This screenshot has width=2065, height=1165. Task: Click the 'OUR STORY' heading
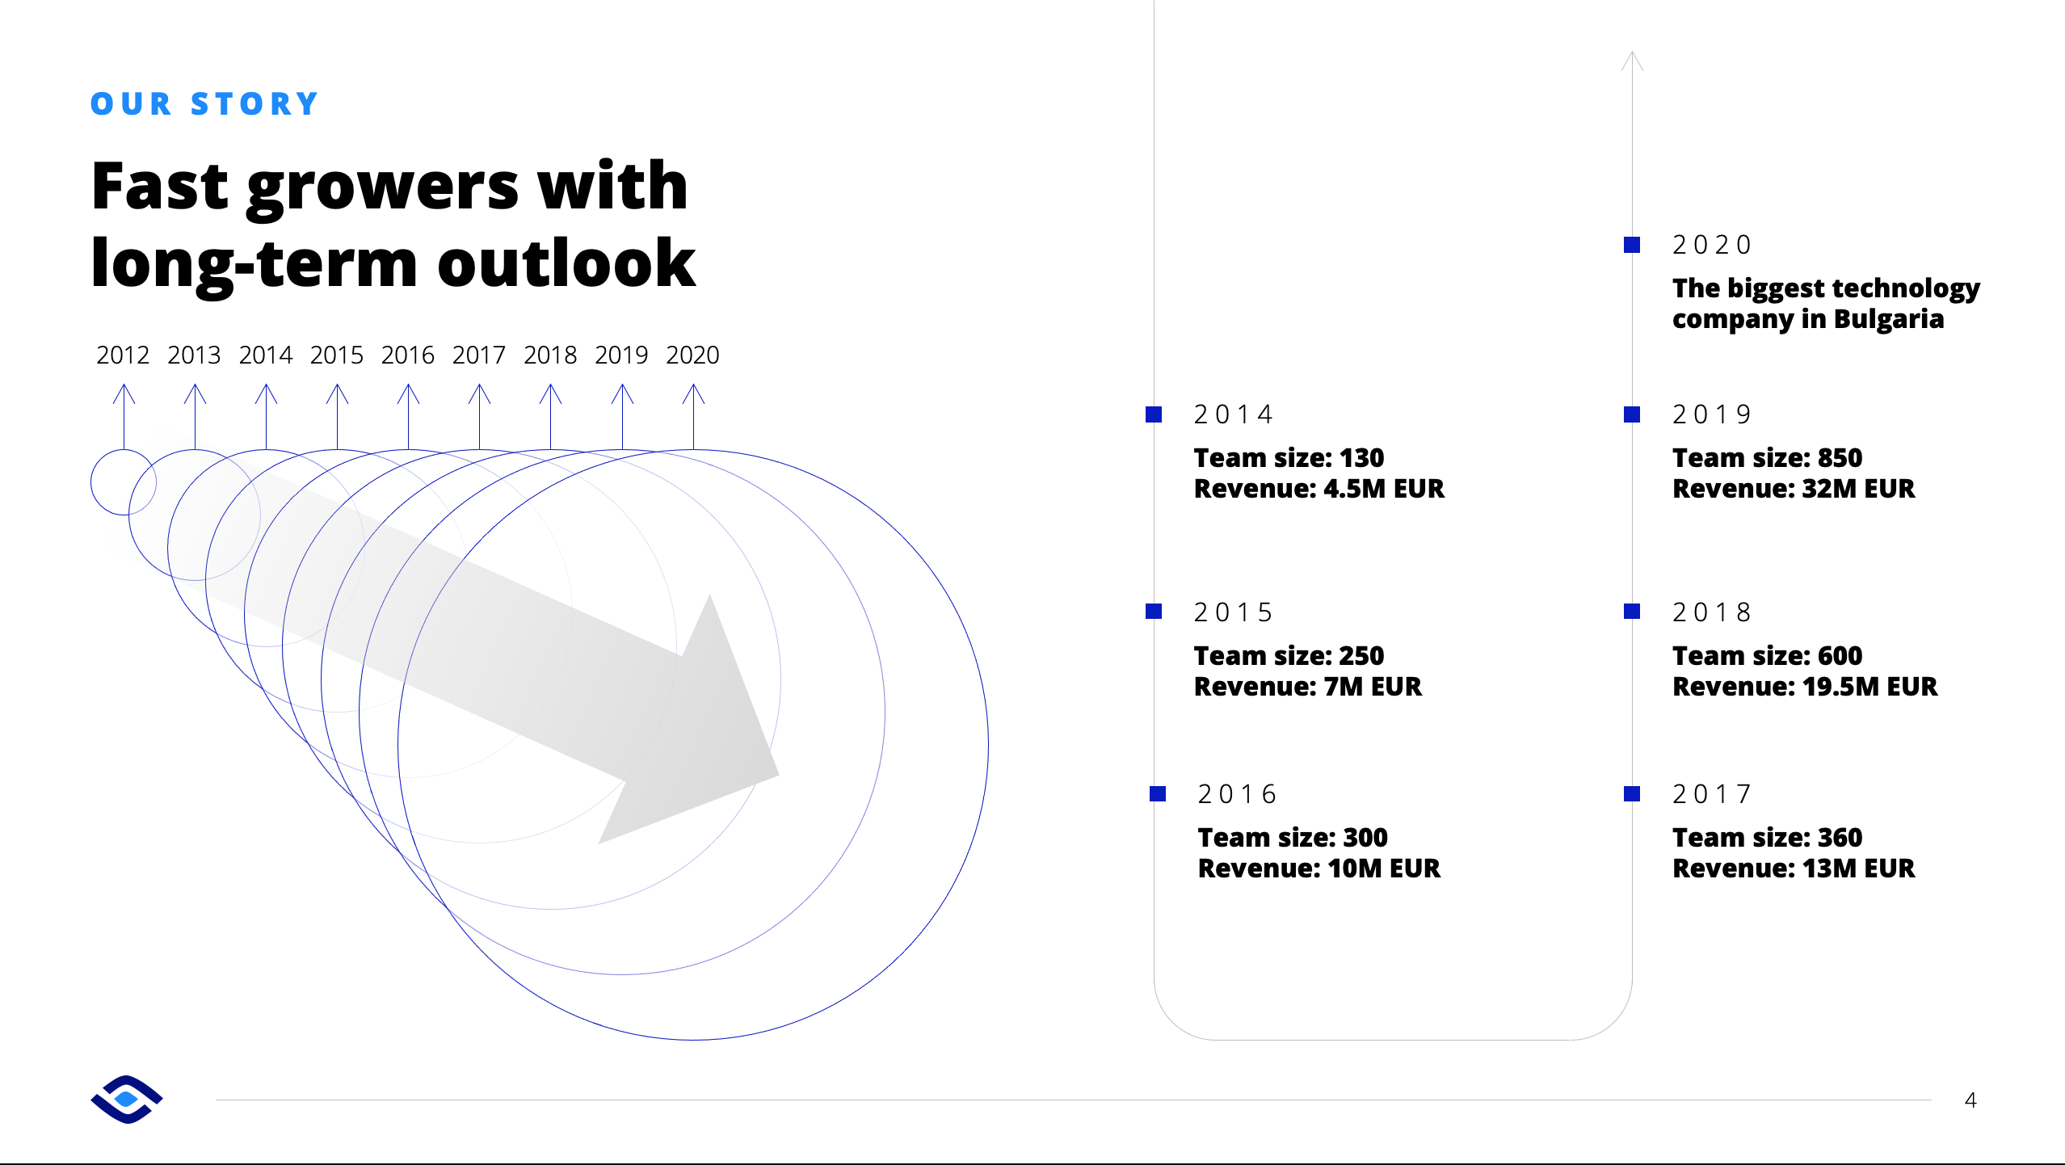(x=204, y=103)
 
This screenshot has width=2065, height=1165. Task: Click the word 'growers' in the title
(x=382, y=190)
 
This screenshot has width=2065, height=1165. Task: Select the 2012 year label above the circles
(x=123, y=355)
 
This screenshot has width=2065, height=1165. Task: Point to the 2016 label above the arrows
(x=408, y=355)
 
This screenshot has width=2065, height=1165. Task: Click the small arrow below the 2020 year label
(x=693, y=416)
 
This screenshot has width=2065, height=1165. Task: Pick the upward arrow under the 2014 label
(x=266, y=416)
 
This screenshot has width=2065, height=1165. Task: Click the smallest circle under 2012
(x=91, y=482)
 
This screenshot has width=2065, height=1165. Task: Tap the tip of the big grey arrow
(x=779, y=776)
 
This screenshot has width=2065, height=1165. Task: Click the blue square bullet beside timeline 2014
(x=1154, y=414)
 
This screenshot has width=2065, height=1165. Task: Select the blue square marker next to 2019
(x=1632, y=414)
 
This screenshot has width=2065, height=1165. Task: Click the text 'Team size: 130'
(x=1289, y=458)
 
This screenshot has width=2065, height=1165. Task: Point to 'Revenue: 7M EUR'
(x=1308, y=687)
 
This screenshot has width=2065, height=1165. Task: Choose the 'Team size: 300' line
(x=1293, y=838)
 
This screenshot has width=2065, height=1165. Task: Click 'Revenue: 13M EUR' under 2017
(x=1794, y=868)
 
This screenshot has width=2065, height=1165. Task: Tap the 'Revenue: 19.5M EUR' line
(x=1805, y=687)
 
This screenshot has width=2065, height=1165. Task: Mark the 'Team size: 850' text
(x=1767, y=458)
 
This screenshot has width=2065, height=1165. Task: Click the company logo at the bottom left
(x=127, y=1100)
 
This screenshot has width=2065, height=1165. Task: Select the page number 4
(x=1970, y=1100)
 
